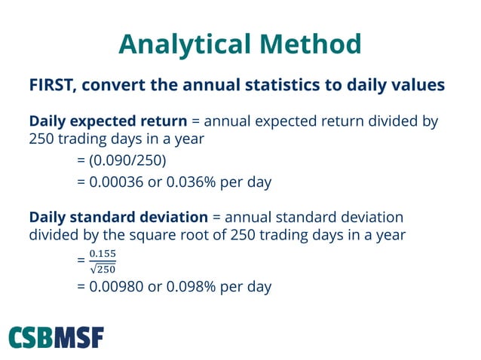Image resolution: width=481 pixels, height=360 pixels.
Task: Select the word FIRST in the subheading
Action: pyautogui.click(x=52, y=84)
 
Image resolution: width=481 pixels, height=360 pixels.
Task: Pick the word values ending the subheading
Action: pyautogui.click(x=418, y=84)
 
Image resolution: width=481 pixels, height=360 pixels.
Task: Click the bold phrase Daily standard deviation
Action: pyautogui.click(x=118, y=218)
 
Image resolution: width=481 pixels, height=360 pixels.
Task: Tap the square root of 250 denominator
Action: pyautogui.click(x=103, y=268)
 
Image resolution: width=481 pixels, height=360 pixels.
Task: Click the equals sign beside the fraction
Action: pyautogui.click(x=81, y=261)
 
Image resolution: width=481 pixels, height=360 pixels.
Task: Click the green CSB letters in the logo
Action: pyautogui.click(x=34, y=337)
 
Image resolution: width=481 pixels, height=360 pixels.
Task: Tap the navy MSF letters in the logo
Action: pyautogui.click(x=81, y=337)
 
